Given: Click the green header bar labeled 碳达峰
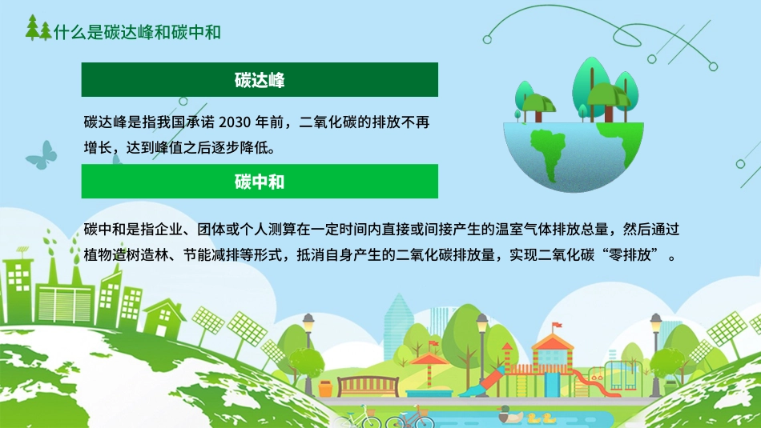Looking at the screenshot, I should (260, 80).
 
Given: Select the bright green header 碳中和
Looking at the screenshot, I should (260, 182).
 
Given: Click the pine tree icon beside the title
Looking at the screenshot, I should (38, 29).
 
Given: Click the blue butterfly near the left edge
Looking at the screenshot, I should (42, 154).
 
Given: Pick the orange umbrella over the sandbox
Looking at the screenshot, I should (427, 362).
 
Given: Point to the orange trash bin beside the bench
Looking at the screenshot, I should (325, 388).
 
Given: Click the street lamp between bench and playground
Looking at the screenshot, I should (482, 352).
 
